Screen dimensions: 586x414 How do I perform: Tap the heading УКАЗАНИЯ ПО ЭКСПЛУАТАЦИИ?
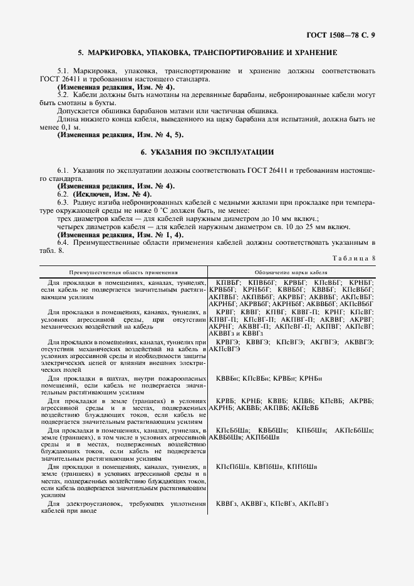point(207,152)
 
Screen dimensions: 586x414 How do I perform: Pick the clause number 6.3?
point(63,202)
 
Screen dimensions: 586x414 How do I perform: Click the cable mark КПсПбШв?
point(233,466)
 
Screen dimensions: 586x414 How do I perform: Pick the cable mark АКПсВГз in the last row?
point(314,503)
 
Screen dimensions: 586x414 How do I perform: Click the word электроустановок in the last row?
point(96,503)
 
